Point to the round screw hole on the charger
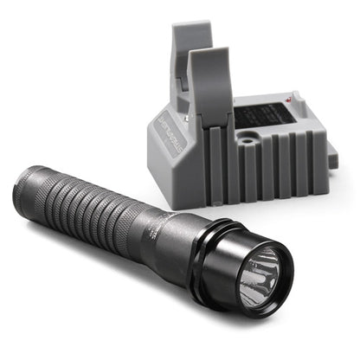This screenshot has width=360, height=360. (251, 138)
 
